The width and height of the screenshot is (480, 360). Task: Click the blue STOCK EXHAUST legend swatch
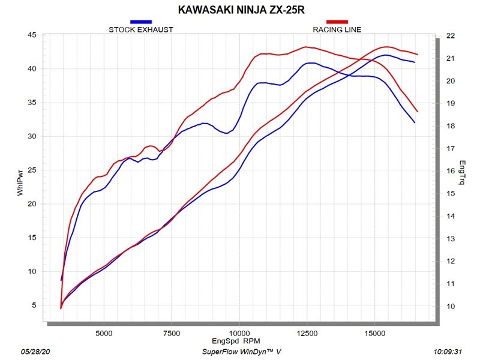click(x=141, y=22)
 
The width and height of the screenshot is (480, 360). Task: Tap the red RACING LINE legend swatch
click(x=337, y=22)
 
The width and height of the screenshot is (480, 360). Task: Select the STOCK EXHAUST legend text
click(x=141, y=29)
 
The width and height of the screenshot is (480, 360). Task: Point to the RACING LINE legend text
click(x=337, y=29)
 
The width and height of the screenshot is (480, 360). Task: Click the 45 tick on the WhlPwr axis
click(x=32, y=35)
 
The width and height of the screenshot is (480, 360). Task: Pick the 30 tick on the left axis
click(x=32, y=136)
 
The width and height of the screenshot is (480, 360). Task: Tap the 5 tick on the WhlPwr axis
click(x=34, y=305)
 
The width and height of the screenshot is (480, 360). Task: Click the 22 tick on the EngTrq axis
click(x=451, y=36)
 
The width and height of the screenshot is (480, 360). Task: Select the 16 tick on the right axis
click(x=451, y=171)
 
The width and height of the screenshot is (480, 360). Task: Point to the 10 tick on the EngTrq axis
click(x=451, y=306)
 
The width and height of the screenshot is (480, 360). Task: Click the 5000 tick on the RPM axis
click(x=104, y=332)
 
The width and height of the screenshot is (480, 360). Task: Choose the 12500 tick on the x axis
click(x=307, y=332)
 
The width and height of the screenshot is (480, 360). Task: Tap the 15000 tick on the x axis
click(x=374, y=332)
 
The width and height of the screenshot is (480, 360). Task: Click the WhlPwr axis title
click(x=20, y=181)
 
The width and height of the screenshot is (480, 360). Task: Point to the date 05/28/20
click(x=35, y=352)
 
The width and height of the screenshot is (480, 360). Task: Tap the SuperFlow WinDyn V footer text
click(x=240, y=352)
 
